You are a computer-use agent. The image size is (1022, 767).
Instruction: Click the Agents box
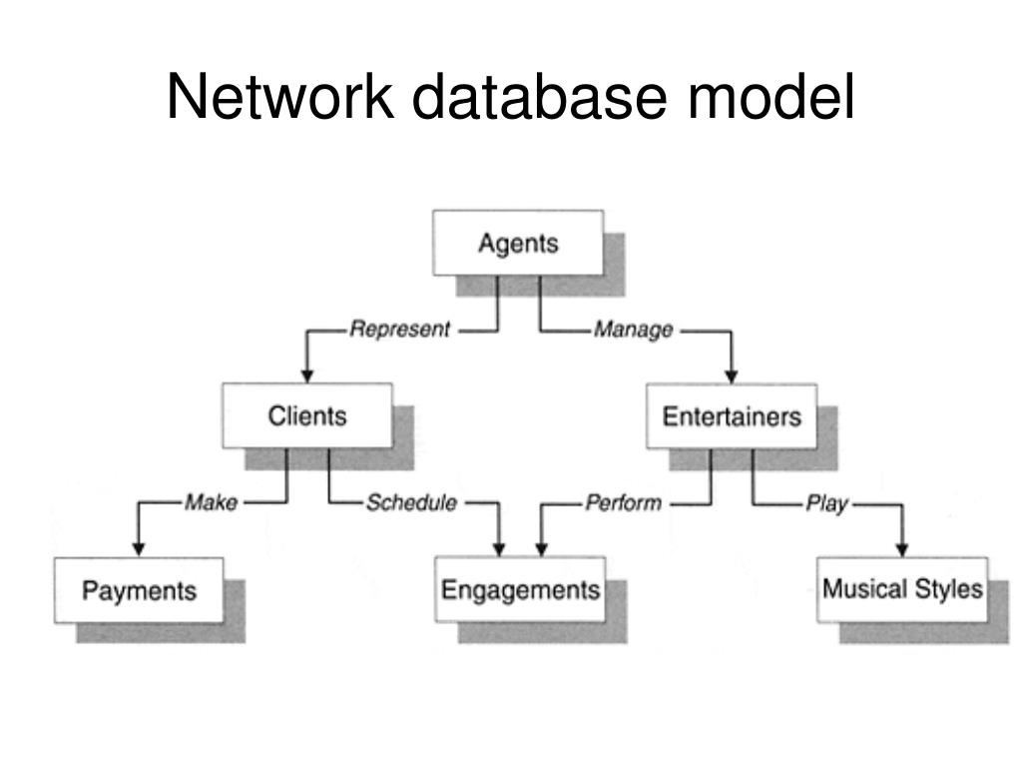[x=517, y=243]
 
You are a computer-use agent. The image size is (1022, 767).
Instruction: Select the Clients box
[x=306, y=415]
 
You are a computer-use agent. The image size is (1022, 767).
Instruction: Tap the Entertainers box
[x=732, y=415]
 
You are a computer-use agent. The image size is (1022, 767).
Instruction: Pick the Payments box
[x=139, y=590]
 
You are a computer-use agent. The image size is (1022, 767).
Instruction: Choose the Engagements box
[x=520, y=589]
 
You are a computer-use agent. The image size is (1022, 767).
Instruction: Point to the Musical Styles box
[x=902, y=589]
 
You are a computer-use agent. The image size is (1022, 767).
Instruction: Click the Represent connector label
[x=399, y=330]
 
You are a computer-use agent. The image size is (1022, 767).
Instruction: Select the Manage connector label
[x=633, y=330]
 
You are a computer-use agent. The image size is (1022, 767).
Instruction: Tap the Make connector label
[x=211, y=502]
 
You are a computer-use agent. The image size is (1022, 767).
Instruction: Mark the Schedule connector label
[x=411, y=502]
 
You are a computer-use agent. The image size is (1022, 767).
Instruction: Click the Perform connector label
[x=623, y=502]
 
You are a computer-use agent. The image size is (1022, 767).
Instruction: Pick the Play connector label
[x=826, y=502]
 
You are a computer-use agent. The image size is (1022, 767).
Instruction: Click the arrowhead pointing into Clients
[x=307, y=375]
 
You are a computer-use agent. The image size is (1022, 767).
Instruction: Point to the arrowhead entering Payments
[x=139, y=548]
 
